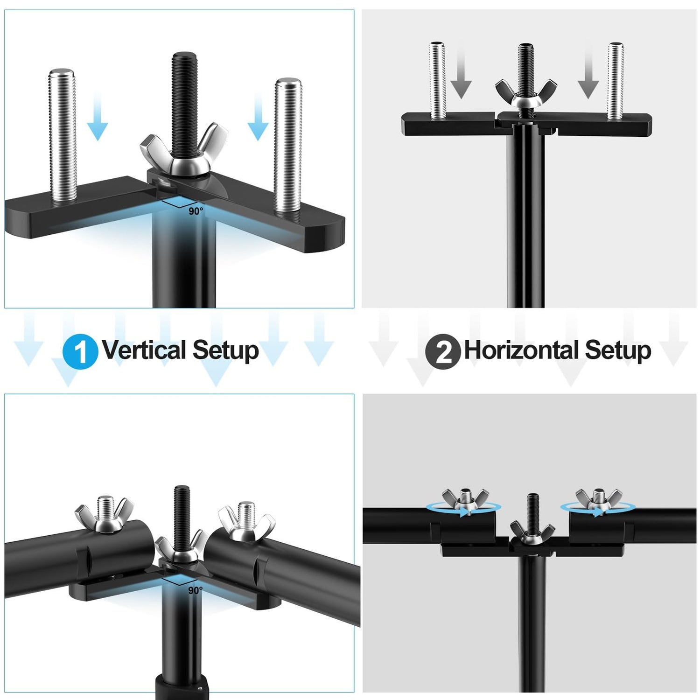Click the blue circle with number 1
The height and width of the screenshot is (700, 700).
80,351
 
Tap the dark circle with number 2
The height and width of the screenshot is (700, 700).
443,351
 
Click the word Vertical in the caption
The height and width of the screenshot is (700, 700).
144,350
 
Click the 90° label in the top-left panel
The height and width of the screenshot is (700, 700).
196,211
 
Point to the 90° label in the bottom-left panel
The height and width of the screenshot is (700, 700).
195,590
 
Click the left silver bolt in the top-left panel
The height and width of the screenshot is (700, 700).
62,136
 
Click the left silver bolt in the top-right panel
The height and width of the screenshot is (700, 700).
437,80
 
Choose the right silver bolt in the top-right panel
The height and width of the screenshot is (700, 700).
616,80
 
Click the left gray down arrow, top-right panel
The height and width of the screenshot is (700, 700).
461,70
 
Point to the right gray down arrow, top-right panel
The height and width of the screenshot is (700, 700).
588,70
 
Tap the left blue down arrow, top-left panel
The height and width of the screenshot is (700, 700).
98,116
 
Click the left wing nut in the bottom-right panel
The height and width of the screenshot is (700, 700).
465,499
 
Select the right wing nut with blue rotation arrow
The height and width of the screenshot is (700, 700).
598,499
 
